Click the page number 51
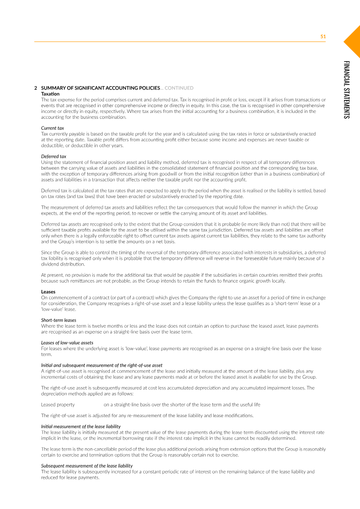(x=323, y=36)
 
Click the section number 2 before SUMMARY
(x=36, y=88)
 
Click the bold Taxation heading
(x=50, y=94)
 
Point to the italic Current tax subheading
(x=52, y=128)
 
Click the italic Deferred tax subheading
(x=54, y=156)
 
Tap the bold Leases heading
(x=48, y=292)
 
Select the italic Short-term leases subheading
(x=58, y=320)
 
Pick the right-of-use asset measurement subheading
(x=102, y=365)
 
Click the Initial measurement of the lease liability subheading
(x=81, y=426)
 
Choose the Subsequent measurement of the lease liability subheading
(x=87, y=465)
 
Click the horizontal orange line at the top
(x=180, y=42)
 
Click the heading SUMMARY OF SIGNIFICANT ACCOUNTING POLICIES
(x=100, y=88)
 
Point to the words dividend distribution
(x=58, y=265)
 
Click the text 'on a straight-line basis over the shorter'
(x=182, y=404)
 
